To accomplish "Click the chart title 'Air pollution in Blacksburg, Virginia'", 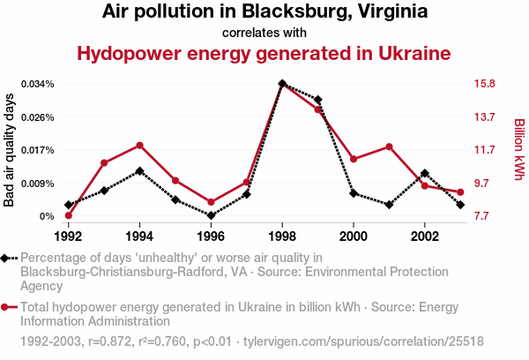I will click(264, 12).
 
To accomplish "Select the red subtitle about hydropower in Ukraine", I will click(264, 53).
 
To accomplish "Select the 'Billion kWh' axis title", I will click(519, 150).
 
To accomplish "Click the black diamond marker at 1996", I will click(211, 215).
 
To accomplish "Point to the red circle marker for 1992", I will click(69, 216).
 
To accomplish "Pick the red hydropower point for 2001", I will click(389, 146).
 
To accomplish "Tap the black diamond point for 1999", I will click(317, 100).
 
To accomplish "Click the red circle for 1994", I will click(139, 145).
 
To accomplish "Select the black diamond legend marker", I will click(7, 258).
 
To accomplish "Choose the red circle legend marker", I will click(7, 307).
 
